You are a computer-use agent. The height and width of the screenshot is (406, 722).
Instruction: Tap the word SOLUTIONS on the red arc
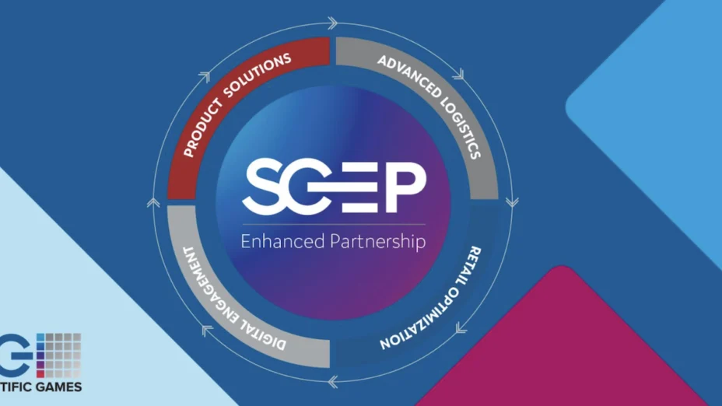[258, 75]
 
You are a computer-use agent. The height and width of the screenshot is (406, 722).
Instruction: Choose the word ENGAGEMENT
[208, 285]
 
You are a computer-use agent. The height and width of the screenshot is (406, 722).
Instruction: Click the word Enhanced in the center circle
[282, 241]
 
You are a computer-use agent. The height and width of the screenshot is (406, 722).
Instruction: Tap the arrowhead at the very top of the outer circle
[332, 23]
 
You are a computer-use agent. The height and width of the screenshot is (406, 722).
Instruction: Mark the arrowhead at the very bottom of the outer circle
[333, 381]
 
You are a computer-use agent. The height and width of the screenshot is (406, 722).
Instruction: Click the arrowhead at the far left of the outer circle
[153, 202]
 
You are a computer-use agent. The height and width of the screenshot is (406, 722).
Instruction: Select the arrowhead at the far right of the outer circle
[512, 202]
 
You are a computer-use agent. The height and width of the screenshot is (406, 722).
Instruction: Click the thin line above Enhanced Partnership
[334, 225]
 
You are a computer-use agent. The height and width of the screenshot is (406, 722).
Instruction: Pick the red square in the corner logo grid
[40, 374]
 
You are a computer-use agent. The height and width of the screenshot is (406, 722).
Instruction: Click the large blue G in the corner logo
[14, 355]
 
